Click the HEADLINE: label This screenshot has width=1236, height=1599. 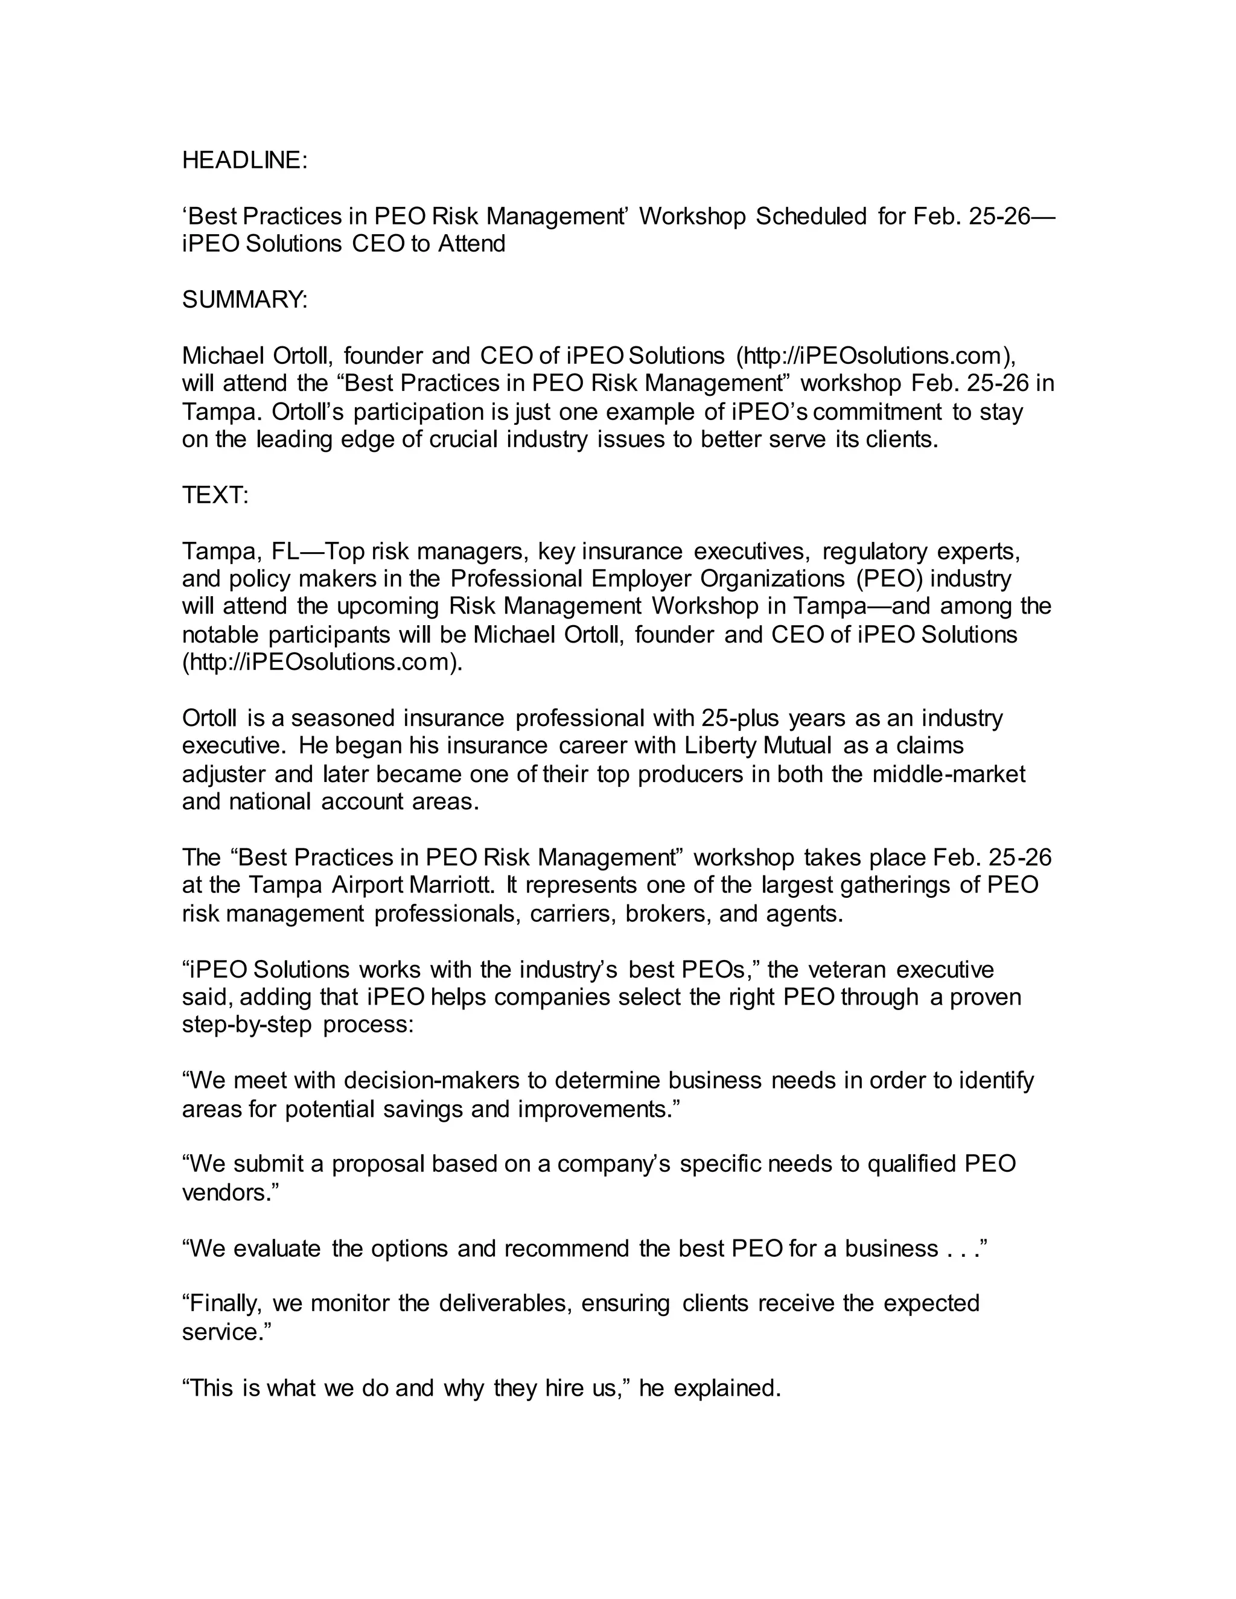click(x=244, y=161)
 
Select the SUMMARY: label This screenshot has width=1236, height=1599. click(x=244, y=299)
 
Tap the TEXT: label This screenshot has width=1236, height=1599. click(x=215, y=495)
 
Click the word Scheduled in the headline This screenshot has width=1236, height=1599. click(x=811, y=217)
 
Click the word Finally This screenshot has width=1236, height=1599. click(x=224, y=1303)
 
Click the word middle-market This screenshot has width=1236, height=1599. click(x=948, y=774)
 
